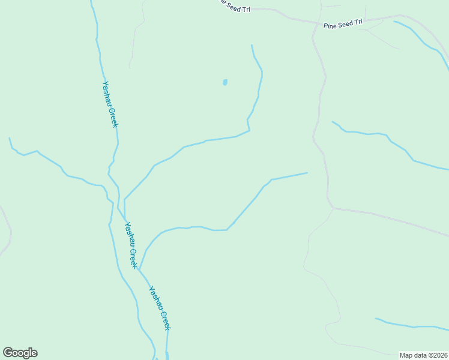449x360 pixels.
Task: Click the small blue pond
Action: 225,82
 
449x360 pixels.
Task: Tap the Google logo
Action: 20,353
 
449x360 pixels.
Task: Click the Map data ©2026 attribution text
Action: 423,355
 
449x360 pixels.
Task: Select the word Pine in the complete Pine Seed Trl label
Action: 330,26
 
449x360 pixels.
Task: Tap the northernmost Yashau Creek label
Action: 110,104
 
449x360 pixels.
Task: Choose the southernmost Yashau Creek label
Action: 160,308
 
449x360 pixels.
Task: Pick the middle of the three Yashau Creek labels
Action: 131,245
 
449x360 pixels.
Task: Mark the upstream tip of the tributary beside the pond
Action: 252,45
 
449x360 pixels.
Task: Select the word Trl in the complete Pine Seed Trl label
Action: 358,22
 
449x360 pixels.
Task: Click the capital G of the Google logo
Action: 8,353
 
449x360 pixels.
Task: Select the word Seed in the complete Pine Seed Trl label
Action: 345,24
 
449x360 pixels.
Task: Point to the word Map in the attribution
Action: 406,355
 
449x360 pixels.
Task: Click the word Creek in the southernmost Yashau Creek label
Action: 165,320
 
